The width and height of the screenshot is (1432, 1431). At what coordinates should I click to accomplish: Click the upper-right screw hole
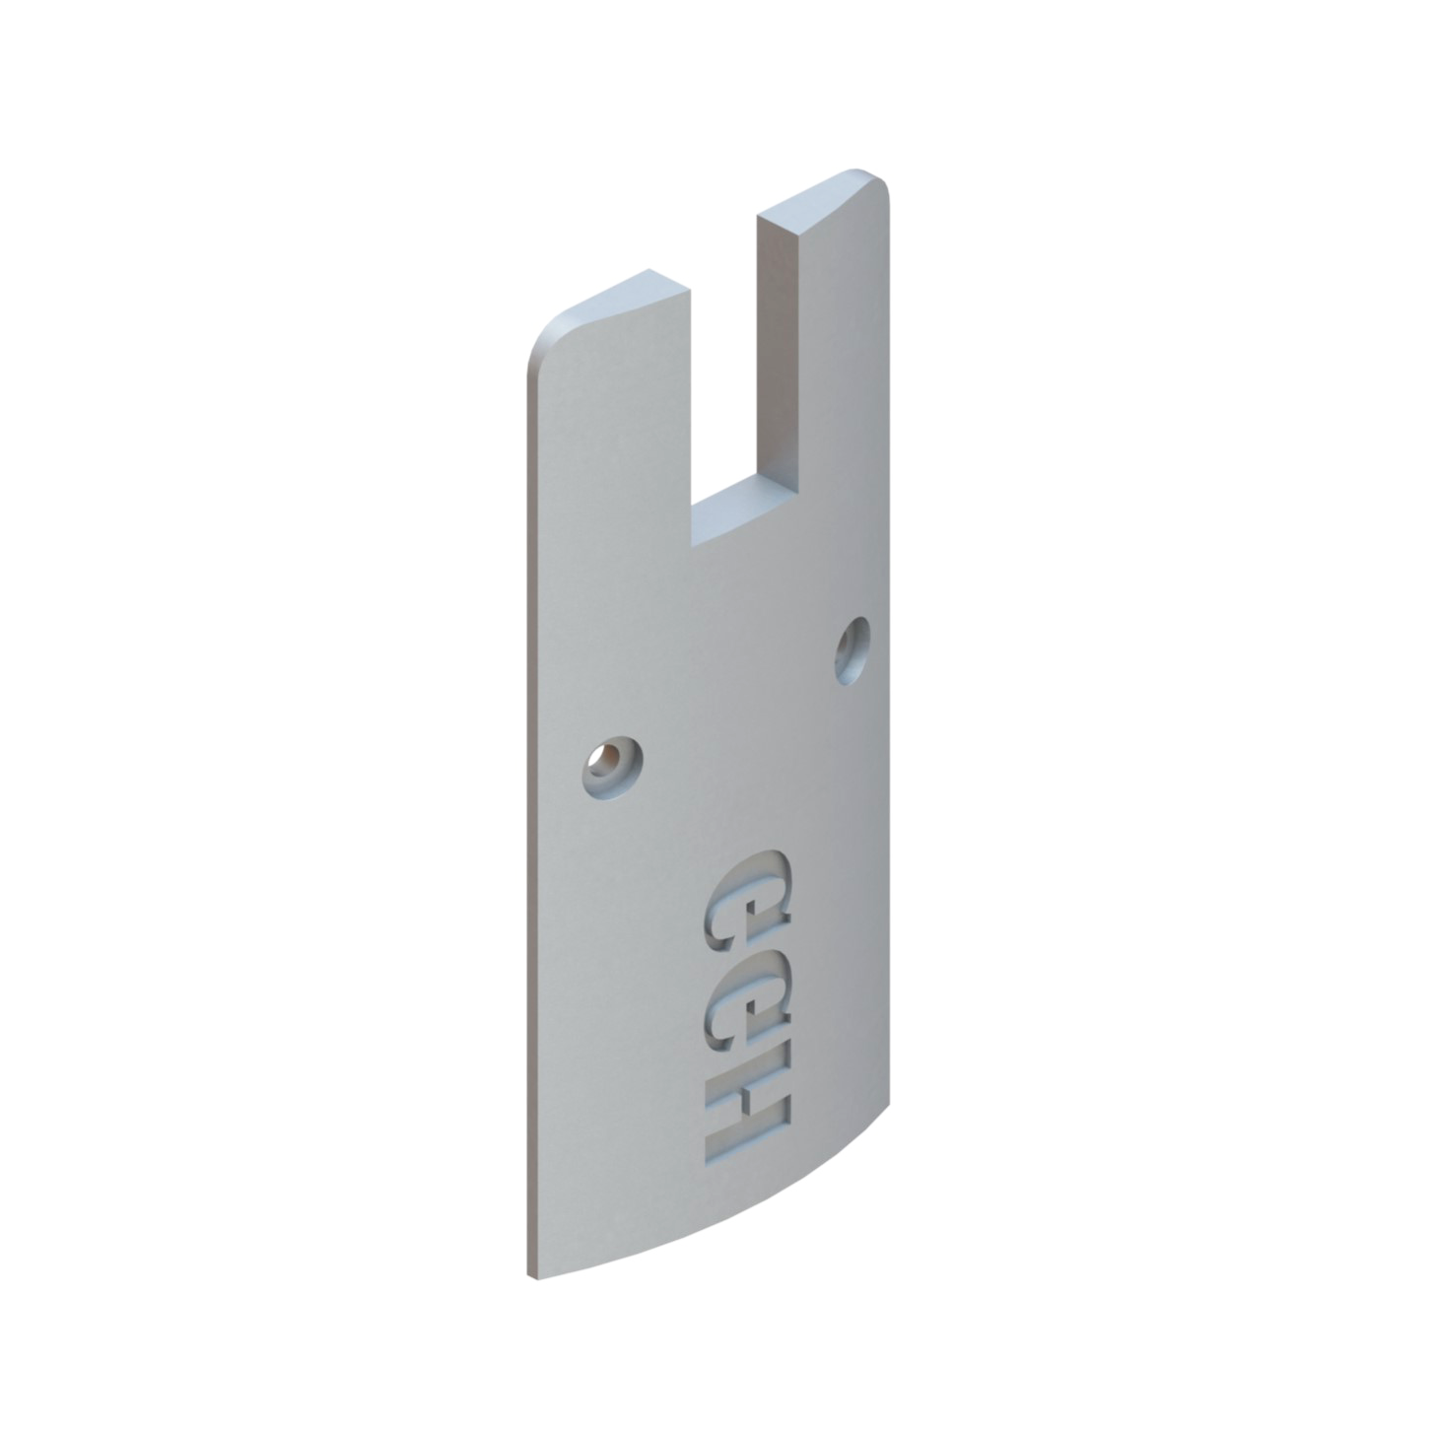click(852, 650)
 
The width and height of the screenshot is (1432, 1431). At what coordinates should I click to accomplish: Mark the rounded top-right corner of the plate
click(880, 182)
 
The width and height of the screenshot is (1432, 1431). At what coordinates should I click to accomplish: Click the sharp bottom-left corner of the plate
click(530, 1277)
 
